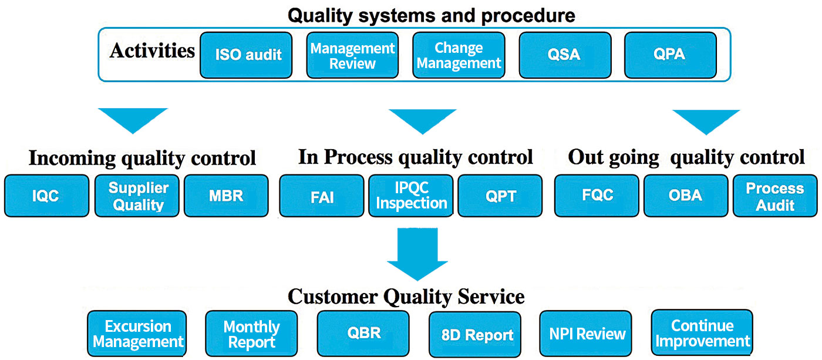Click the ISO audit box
tap(246, 55)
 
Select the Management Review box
tap(352, 55)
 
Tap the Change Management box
tap(459, 55)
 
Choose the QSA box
tap(565, 55)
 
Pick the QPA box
tap(671, 55)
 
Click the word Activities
tap(152, 51)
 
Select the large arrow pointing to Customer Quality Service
tap(417, 254)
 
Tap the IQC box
tap(46, 196)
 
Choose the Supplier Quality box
tap(137, 196)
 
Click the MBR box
tap(226, 196)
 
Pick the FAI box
tap(322, 196)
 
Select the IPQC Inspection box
tap(411, 196)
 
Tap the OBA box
tap(686, 196)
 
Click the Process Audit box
tap(775, 196)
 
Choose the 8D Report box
tap(475, 334)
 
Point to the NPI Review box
tap(586, 334)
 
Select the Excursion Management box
tap(137, 334)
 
